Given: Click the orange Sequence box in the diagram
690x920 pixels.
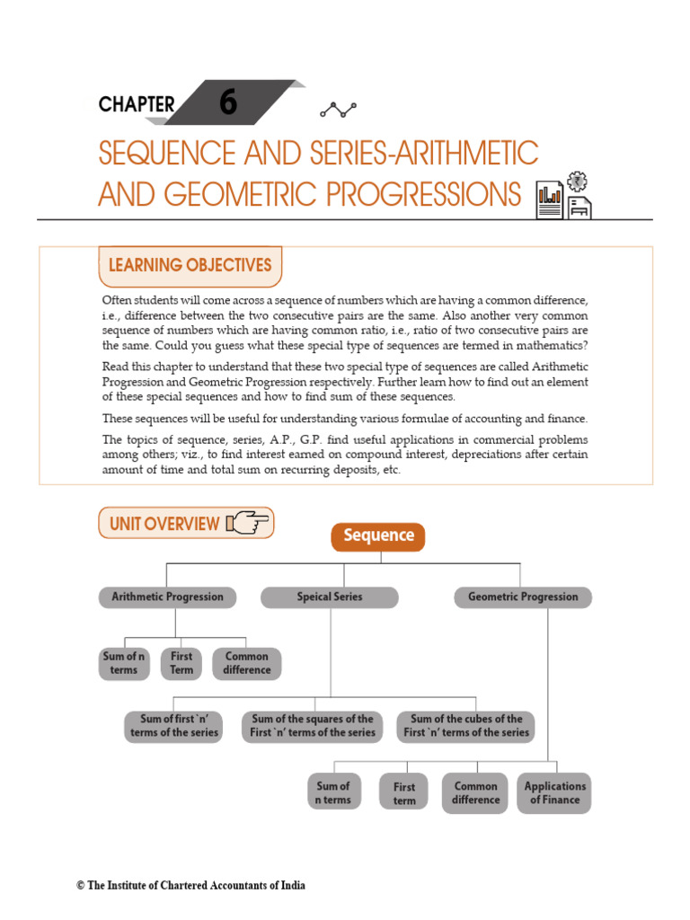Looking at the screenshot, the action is pyautogui.click(x=377, y=536).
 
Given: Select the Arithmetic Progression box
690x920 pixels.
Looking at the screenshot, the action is pyautogui.click(x=167, y=597).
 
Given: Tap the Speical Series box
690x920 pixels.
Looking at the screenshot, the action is pyautogui.click(x=330, y=597).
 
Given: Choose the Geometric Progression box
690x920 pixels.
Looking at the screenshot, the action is pyautogui.click(x=523, y=597).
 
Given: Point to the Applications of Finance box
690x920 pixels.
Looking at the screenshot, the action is pyautogui.click(x=554, y=792).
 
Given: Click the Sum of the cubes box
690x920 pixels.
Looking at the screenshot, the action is pyautogui.click(x=466, y=726).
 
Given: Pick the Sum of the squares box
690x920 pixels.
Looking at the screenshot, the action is pyautogui.click(x=313, y=726).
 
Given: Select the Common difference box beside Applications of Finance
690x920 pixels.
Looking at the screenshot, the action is pyautogui.click(x=475, y=792).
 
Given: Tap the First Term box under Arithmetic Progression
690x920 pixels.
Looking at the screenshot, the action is pyautogui.click(x=181, y=663).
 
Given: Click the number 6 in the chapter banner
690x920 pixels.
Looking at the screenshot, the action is pyautogui.click(x=228, y=103).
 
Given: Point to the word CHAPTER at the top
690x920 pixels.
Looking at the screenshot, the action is pyautogui.click(x=137, y=104).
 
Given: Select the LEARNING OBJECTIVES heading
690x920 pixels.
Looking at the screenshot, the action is pyautogui.click(x=190, y=265).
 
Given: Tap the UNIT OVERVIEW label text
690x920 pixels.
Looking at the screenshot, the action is pyautogui.click(x=164, y=524).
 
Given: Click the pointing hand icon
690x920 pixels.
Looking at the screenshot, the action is pyautogui.click(x=249, y=522).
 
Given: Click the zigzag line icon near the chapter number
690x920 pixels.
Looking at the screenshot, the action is pyautogui.click(x=338, y=110).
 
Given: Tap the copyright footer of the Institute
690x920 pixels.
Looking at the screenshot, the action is pyautogui.click(x=190, y=886).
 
